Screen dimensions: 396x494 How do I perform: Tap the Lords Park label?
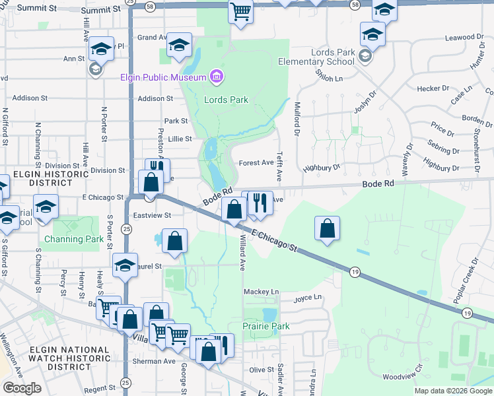(226, 100)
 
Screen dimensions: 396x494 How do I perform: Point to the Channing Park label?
(74, 239)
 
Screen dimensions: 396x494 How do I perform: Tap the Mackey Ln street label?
(262, 291)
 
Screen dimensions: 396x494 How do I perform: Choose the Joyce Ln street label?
(306, 298)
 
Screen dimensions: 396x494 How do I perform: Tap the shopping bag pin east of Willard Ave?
(327, 228)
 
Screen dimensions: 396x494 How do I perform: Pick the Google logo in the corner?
(21, 388)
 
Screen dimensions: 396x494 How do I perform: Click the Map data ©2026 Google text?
(453, 391)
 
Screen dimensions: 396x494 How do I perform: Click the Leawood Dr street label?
(461, 38)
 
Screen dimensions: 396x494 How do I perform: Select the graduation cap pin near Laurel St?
(125, 265)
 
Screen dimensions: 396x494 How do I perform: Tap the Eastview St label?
(153, 215)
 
